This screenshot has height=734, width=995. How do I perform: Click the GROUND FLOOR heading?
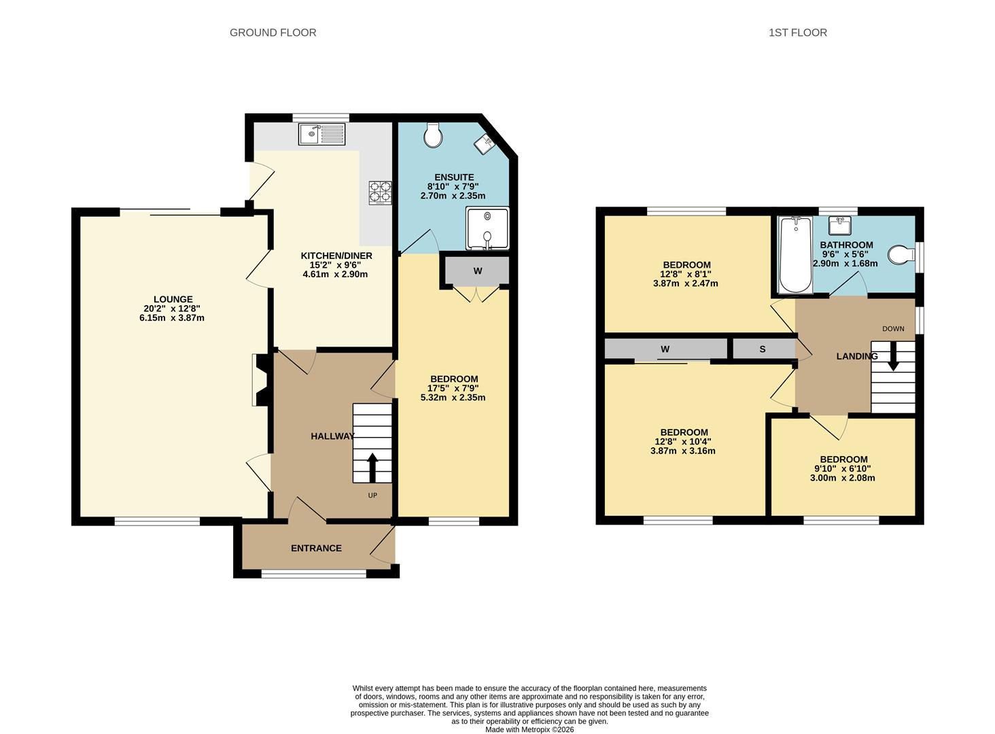273,33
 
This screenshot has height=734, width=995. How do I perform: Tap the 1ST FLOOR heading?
798,33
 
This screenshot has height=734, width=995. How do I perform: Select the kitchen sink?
322,134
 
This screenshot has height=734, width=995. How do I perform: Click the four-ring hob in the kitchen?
380,192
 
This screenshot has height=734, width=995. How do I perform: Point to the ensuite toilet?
433,135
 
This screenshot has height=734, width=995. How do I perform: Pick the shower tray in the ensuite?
487,228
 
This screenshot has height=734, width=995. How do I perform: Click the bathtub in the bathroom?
796,255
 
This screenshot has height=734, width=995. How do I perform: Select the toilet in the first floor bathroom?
901,255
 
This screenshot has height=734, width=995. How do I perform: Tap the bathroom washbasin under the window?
839,225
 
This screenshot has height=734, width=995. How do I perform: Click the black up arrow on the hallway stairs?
372,468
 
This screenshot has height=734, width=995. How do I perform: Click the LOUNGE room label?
173,299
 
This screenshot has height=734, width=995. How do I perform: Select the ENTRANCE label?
316,548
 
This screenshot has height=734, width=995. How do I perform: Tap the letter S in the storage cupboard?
763,349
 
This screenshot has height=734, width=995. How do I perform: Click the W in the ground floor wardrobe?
478,270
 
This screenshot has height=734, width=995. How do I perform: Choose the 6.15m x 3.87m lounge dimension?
172,317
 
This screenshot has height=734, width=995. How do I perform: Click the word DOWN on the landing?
893,329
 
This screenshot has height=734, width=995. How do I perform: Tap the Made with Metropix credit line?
529,729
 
